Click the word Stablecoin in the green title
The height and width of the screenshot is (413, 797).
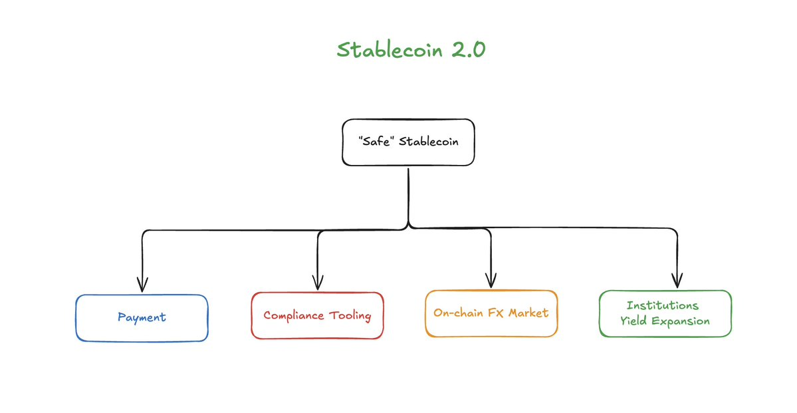(x=384, y=51)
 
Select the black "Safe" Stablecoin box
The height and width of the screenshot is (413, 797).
(x=408, y=142)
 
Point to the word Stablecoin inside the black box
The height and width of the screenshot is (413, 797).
(x=428, y=142)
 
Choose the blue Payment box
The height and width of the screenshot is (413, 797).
(x=142, y=317)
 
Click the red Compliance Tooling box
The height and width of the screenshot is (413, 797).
(x=317, y=315)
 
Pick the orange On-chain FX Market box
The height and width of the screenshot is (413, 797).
(x=491, y=313)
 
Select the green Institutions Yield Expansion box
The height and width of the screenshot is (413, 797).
(x=665, y=313)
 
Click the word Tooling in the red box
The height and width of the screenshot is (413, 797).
(x=349, y=316)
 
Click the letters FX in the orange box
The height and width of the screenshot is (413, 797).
(x=495, y=313)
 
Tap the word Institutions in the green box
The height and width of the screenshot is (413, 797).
(x=663, y=305)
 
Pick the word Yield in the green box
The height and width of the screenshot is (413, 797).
(x=633, y=321)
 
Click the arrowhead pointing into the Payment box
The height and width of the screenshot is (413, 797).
(x=141, y=283)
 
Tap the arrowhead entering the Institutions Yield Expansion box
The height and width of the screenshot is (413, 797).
(x=677, y=281)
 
